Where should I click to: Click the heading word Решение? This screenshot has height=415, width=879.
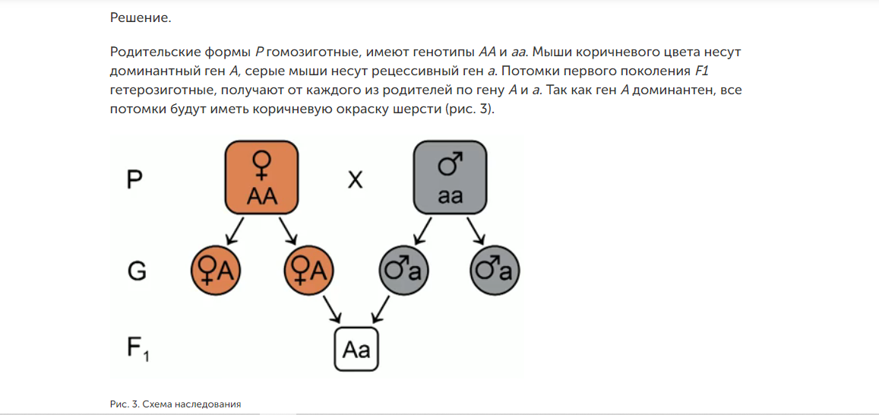click(141, 17)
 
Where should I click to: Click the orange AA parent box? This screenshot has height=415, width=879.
click(261, 177)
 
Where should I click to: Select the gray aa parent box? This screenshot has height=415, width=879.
click(450, 177)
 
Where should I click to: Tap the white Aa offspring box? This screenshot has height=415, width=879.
click(356, 350)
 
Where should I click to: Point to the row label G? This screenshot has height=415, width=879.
click(137, 270)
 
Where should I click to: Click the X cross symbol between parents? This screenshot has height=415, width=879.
click(355, 181)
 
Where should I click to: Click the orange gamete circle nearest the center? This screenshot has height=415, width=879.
click(308, 270)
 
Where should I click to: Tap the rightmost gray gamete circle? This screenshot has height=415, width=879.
click(495, 270)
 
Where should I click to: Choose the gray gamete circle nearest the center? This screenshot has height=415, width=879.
click(403, 270)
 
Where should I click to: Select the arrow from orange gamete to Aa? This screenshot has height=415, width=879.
click(332, 309)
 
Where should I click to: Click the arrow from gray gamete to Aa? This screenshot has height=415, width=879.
click(380, 309)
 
